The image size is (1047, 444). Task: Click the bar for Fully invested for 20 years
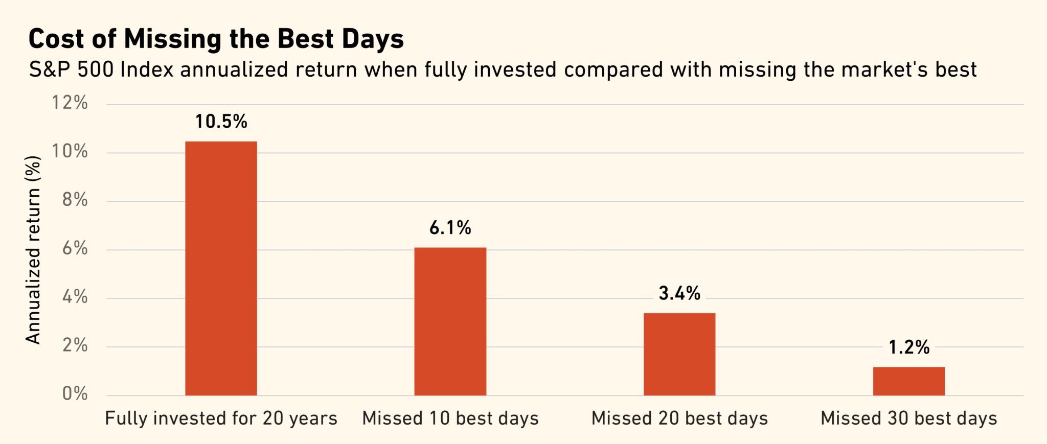221,268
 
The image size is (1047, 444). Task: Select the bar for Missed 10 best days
450,321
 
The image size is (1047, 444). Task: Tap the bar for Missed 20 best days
679,354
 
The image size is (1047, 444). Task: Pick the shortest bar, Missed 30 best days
908,381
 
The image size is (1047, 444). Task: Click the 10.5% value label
221,122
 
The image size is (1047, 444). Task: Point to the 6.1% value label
450,228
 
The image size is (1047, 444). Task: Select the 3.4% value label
679,293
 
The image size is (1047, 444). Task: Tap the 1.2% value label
908,347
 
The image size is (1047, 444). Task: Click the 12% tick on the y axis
70,103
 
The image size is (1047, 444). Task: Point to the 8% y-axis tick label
75,200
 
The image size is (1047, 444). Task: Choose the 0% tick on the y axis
75,394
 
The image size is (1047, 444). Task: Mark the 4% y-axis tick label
75,297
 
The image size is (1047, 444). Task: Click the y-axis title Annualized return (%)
33,250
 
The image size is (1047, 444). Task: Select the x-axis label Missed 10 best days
450,418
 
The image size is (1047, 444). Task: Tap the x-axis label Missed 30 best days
908,418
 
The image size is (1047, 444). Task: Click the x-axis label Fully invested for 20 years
221,418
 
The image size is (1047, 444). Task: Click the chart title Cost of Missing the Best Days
216,39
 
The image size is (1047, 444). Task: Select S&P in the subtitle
50,70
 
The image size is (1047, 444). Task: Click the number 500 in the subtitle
95,70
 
